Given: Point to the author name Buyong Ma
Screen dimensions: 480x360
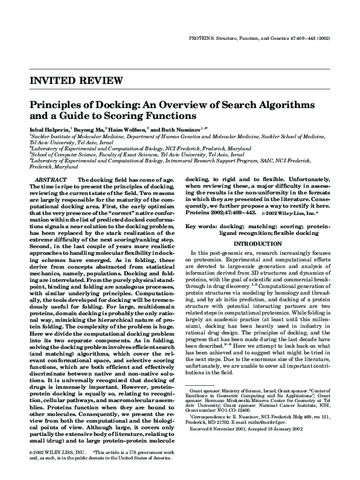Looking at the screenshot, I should click(90, 129).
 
